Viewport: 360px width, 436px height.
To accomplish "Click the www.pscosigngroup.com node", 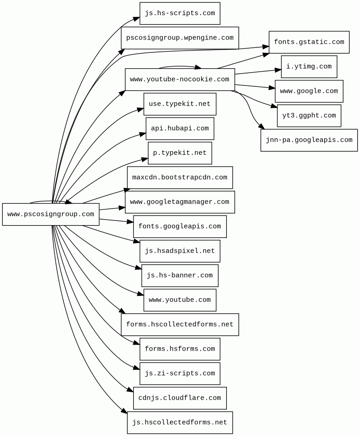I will click(x=51, y=214).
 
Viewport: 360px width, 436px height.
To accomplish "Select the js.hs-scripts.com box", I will click(x=180, y=13).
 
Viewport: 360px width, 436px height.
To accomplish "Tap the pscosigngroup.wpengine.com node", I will click(x=180, y=38).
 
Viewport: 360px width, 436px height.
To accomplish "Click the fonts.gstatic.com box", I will click(x=309, y=42).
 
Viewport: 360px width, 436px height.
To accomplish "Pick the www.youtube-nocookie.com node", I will click(x=180, y=79).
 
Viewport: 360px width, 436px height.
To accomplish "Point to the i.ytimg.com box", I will click(x=309, y=67).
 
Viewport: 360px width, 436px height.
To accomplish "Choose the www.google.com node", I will click(x=309, y=91).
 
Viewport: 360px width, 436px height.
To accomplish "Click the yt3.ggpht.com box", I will click(x=309, y=116).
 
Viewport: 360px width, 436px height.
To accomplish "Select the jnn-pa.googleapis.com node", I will click(x=309, y=140).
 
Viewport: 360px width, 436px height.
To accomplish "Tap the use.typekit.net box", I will click(x=180, y=104).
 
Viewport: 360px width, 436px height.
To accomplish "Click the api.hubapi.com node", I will click(x=180, y=129).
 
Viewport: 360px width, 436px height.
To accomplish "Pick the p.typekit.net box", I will click(x=180, y=153).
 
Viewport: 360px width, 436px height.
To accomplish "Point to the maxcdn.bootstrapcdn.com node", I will click(x=180, y=177).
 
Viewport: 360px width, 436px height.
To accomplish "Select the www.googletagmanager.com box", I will click(x=180, y=202).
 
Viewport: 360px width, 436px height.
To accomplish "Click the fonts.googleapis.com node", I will click(x=180, y=226).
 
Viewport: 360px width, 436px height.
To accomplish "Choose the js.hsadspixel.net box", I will click(x=180, y=251).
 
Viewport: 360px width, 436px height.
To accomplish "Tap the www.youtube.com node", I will click(x=180, y=300).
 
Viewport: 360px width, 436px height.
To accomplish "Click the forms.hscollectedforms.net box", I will click(x=180, y=324).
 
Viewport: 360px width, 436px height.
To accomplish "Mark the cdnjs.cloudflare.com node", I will click(x=180, y=398).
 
